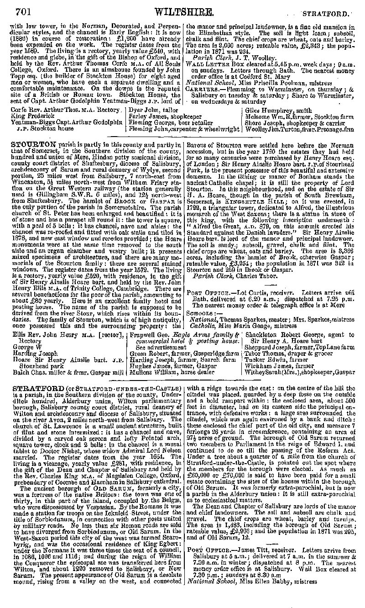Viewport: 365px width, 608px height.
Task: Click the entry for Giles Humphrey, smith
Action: (275, 110)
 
